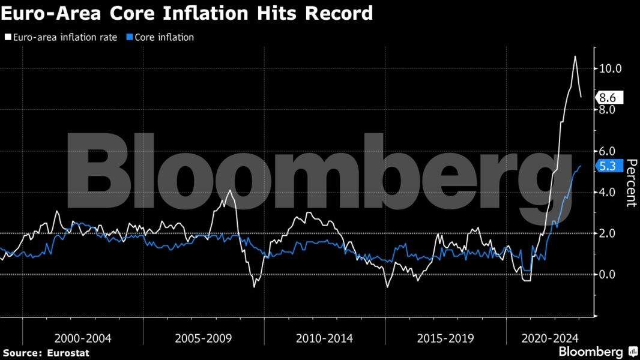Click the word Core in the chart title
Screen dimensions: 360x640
(x=122, y=13)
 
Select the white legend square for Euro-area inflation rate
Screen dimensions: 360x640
(x=7, y=37)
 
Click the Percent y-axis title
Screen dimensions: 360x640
(x=630, y=182)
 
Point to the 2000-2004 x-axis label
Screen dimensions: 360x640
(x=82, y=338)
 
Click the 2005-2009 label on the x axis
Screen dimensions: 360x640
(x=204, y=338)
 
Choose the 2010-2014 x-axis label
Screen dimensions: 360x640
(x=324, y=338)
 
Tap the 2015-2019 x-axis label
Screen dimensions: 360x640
(x=445, y=338)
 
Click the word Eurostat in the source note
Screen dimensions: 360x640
(x=68, y=353)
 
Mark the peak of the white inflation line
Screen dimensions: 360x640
(x=575, y=56)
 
